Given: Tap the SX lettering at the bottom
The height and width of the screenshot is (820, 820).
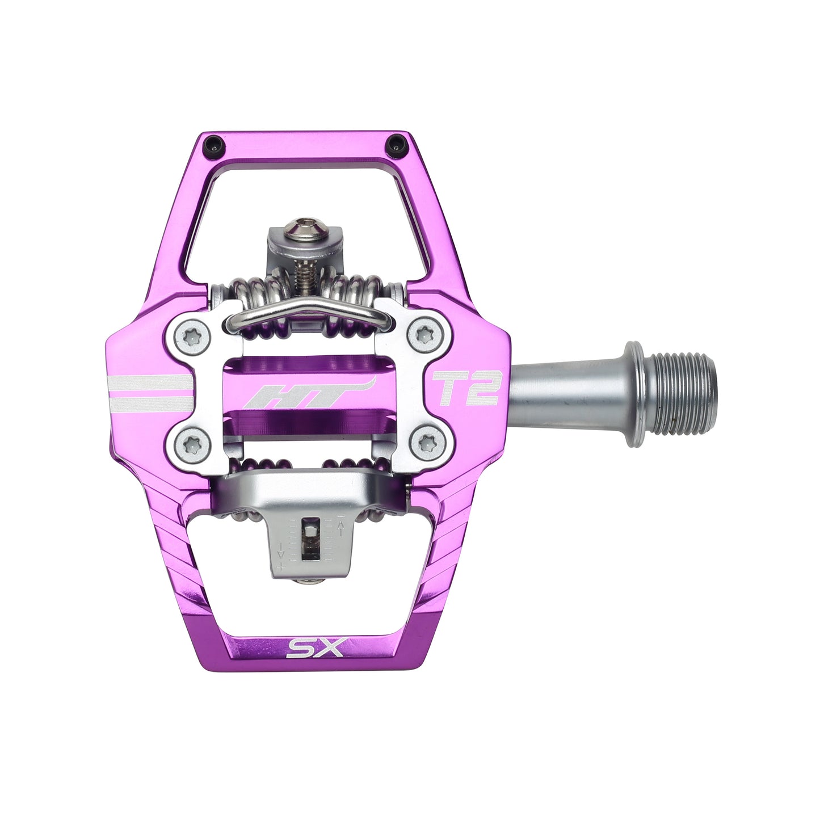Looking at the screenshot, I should click(316, 647).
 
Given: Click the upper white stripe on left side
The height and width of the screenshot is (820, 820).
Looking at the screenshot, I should click(150, 381).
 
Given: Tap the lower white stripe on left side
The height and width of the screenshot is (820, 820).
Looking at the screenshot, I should click(150, 404).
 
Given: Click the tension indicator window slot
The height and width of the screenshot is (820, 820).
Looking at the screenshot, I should click(309, 539).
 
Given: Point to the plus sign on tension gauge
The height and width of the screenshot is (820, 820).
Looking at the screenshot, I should click(280, 566).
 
